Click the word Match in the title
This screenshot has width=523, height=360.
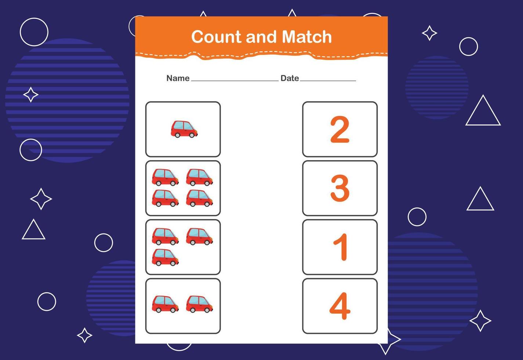[307, 37]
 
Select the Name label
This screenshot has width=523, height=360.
[178, 78]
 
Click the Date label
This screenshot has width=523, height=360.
[290, 78]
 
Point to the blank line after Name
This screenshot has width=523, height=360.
[235, 81]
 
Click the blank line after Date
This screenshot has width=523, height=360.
[328, 81]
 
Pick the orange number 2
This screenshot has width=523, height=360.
[340, 130]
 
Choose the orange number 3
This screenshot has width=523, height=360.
[340, 188]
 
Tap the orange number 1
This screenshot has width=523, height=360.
[341, 247]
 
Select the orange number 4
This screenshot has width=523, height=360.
[340, 306]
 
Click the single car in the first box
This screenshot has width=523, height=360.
[184, 129]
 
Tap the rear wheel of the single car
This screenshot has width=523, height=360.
[177, 135]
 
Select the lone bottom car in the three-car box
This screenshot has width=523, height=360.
[165, 258]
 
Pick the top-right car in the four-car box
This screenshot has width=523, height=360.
[200, 177]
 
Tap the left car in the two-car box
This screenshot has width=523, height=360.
[165, 304]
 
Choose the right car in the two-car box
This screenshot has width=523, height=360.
[200, 304]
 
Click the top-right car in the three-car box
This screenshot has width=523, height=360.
[200, 237]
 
